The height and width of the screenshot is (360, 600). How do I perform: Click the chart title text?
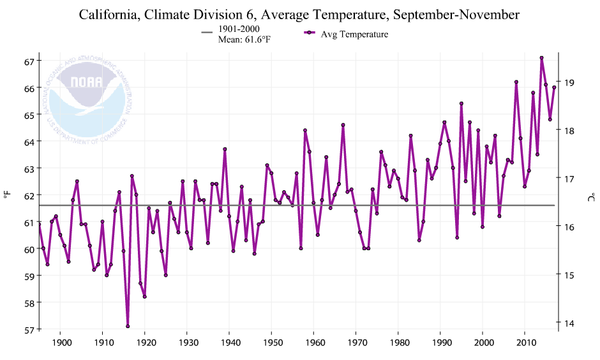click(299, 14)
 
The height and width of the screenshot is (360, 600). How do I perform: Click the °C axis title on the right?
click(591, 198)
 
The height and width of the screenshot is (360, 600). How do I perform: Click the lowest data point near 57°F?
click(128, 326)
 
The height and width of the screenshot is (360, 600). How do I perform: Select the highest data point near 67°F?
click(541, 58)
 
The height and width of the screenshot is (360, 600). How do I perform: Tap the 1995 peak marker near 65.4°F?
click(461, 103)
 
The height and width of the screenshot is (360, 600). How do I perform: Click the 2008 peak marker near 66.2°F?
click(516, 82)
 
